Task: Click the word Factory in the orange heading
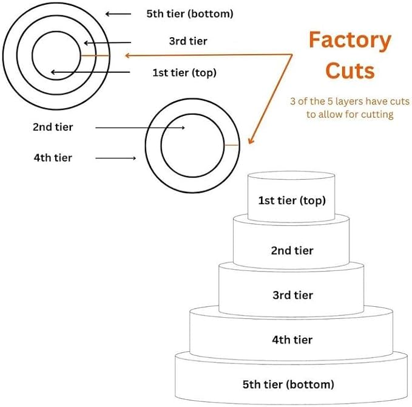pos(350,41)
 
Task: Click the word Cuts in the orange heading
pos(350,70)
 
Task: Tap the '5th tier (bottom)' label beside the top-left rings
pos(189,13)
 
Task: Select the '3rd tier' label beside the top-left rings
pos(187,41)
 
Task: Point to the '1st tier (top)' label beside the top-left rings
pos(184,73)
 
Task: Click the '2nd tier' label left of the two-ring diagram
pos(53,127)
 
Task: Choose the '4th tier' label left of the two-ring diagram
pos(53,158)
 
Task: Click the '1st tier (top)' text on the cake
pos(292,200)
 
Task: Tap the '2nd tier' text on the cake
pos(292,250)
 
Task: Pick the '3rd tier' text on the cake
pos(292,296)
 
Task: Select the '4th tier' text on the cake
pos(292,340)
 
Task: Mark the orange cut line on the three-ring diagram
pos(95,55)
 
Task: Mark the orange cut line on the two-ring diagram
pos(232,145)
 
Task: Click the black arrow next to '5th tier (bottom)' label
pos(118,13)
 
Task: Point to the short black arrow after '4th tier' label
pos(116,159)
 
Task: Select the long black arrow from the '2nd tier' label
pos(140,128)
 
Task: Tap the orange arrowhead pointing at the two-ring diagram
pos(251,140)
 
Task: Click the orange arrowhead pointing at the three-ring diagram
pos(128,56)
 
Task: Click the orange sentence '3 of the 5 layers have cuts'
pos(350,101)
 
